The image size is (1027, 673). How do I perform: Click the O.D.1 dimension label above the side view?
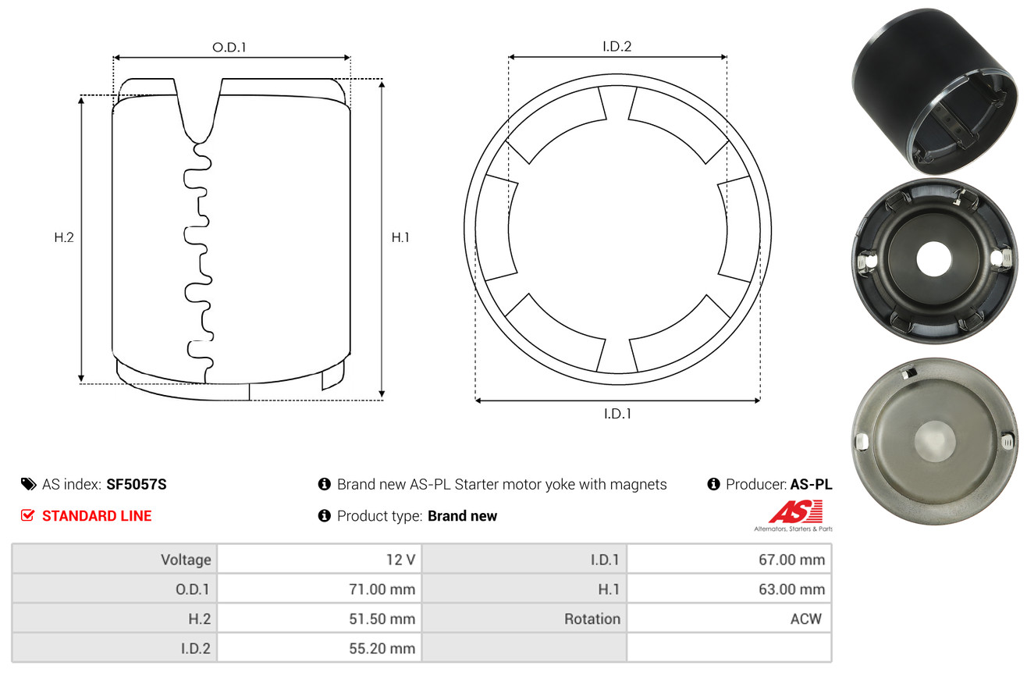click(x=229, y=48)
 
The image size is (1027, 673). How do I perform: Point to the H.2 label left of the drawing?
click(x=64, y=237)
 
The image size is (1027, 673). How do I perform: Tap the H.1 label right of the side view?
click(x=400, y=237)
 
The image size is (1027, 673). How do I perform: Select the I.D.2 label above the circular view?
click(x=617, y=46)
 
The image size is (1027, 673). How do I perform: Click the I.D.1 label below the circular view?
click(x=617, y=414)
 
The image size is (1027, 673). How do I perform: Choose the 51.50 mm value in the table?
click(x=382, y=619)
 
